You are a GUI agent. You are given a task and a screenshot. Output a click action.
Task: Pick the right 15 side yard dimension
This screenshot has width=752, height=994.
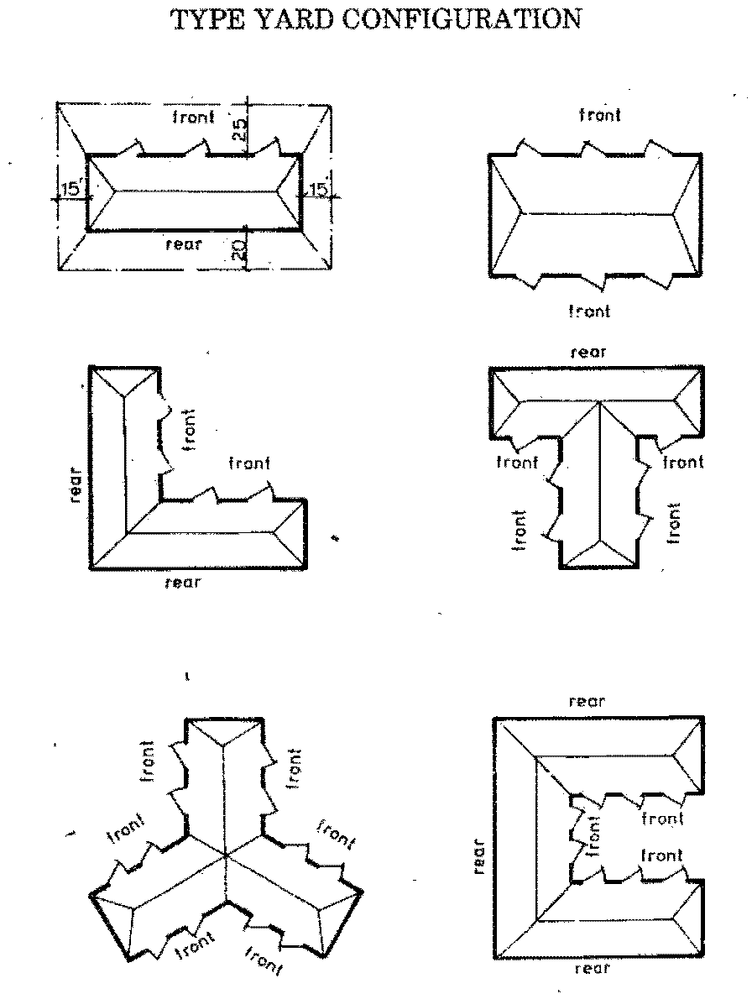pyautogui.click(x=318, y=189)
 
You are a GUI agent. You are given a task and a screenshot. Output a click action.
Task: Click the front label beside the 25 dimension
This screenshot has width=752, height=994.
pyautogui.click(x=194, y=117)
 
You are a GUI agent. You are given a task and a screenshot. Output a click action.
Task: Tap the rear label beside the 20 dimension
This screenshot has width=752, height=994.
pyautogui.click(x=183, y=244)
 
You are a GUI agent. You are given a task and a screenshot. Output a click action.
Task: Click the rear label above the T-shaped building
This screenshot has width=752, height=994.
pyautogui.click(x=588, y=352)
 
